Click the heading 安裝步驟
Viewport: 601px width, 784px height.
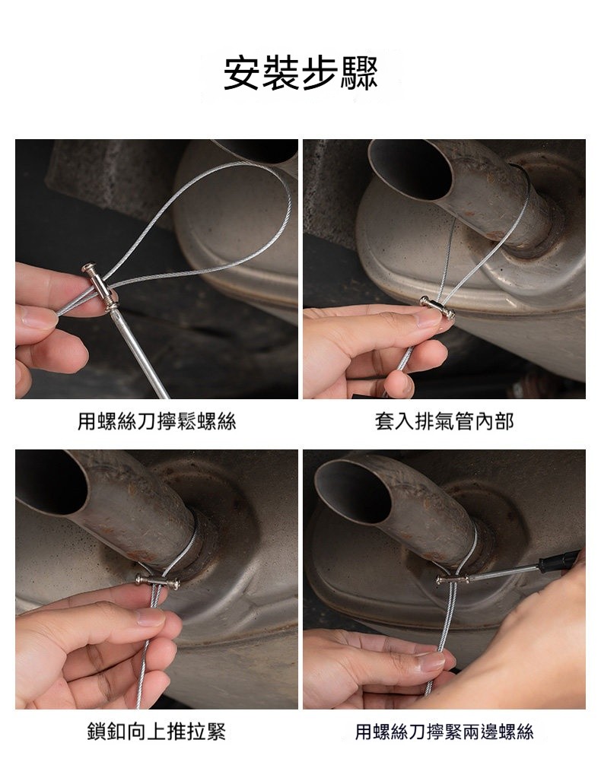click(x=300, y=73)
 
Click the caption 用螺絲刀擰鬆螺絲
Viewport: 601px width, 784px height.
click(x=157, y=421)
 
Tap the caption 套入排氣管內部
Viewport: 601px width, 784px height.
click(x=444, y=421)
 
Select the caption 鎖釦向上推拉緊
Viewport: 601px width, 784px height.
click(x=157, y=732)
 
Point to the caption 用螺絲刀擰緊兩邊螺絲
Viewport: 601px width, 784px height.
click(x=444, y=732)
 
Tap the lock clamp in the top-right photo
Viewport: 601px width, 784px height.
click(x=437, y=307)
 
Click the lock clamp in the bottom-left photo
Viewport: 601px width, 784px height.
click(x=157, y=580)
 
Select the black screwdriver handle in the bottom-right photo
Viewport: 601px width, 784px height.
click(x=559, y=560)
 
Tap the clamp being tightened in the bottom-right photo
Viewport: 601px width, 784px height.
click(x=453, y=580)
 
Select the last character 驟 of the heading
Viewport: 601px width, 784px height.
click(x=359, y=73)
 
